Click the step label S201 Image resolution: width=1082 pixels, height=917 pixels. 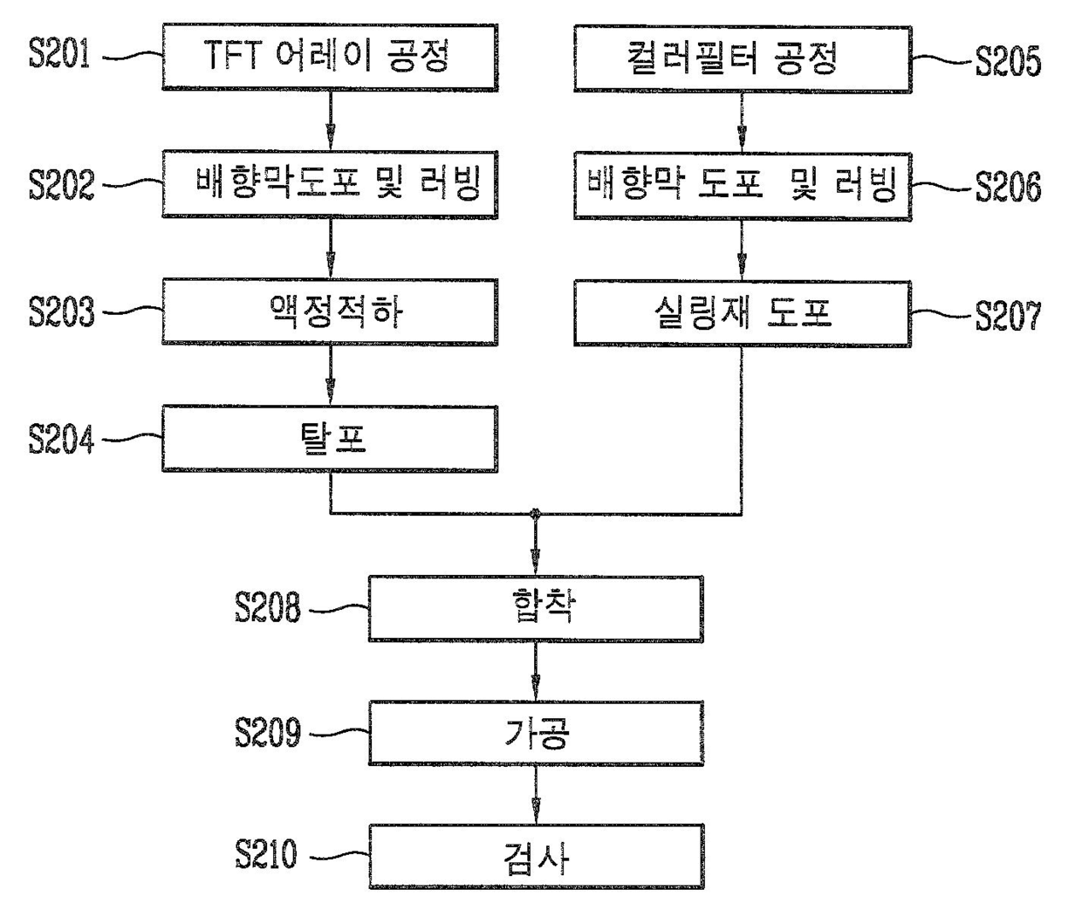(x=60, y=55)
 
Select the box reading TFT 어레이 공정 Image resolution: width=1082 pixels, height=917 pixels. (x=329, y=57)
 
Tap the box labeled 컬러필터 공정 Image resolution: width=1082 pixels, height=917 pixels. (x=742, y=59)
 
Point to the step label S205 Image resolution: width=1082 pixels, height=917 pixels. (x=1008, y=61)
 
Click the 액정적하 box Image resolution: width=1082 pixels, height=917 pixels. (x=329, y=311)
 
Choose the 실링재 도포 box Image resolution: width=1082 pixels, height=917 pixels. (x=742, y=313)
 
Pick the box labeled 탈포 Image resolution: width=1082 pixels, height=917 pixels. (x=329, y=438)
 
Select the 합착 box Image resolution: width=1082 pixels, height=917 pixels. (x=535, y=608)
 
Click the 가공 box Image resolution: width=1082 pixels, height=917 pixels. (x=535, y=733)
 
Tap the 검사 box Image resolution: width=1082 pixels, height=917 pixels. (x=535, y=857)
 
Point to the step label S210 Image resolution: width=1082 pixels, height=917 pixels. (x=266, y=854)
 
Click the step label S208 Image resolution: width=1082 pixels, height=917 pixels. (x=267, y=607)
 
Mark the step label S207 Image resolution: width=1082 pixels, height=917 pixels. (x=1008, y=316)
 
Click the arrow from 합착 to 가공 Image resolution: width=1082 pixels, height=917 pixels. (x=535, y=671)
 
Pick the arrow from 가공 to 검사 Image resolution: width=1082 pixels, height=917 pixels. (x=535, y=795)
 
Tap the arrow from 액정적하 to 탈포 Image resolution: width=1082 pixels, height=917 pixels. (x=330, y=375)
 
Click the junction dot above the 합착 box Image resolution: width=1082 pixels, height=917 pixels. (x=535, y=514)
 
